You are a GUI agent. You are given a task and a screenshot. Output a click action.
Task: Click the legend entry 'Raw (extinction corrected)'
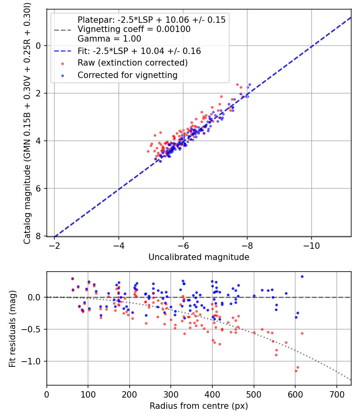point(132,63)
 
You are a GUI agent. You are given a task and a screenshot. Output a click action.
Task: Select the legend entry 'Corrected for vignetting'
point(127,75)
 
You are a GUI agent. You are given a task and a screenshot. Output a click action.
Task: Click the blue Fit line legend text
point(139,51)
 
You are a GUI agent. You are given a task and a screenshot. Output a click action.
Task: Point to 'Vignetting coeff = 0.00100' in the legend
point(134,29)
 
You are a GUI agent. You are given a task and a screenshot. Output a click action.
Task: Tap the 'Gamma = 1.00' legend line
point(109,39)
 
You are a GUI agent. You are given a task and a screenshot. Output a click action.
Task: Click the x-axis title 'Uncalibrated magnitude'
point(199,257)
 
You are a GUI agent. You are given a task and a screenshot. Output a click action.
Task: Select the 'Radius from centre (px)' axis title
point(199,406)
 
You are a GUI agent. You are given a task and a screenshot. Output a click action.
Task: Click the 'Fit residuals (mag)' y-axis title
point(12,328)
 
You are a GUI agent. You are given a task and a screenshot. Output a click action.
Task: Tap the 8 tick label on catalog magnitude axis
point(38,236)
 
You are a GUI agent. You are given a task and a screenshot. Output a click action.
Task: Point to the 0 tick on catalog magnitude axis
point(38,46)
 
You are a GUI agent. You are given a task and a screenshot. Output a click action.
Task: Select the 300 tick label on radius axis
point(171,394)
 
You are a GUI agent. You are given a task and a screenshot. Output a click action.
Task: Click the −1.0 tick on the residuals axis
point(33,361)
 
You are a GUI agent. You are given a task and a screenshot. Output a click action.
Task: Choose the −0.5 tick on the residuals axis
point(33,329)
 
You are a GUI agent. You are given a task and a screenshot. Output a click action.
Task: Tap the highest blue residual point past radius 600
point(302,276)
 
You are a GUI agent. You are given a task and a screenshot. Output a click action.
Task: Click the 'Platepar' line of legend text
point(151,20)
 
